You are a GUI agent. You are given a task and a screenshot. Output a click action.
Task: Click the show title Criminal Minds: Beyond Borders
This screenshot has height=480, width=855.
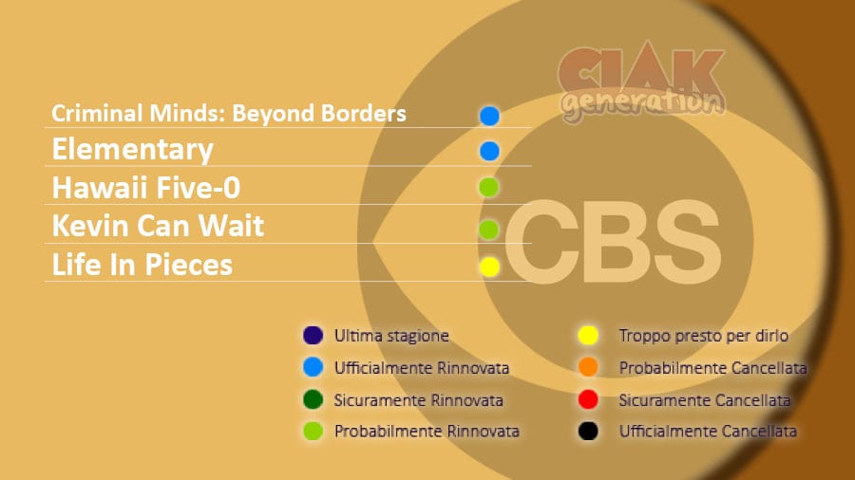pos(228,113)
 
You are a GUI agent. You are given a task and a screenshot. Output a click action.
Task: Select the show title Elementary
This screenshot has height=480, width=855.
pos(132,150)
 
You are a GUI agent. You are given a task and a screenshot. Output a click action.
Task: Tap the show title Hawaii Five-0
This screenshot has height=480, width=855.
pos(146,188)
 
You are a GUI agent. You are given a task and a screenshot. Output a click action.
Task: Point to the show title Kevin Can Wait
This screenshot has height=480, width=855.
pos(158,226)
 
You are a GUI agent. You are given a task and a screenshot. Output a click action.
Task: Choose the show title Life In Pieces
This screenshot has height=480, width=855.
pos(142,265)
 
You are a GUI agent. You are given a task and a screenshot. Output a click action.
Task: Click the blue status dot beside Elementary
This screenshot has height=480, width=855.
pos(489,151)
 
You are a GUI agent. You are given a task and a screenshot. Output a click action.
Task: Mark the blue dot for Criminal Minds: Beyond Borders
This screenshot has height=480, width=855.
pos(489,116)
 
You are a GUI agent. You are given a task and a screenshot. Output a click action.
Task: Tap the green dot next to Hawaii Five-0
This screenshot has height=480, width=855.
pos(488,187)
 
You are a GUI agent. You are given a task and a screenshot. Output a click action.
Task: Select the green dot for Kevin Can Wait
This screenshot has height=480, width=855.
pos(488,230)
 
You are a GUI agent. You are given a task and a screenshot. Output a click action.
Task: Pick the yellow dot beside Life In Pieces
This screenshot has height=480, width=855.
pos(489,267)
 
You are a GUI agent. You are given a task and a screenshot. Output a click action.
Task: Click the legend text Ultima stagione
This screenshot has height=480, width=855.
pos(391,336)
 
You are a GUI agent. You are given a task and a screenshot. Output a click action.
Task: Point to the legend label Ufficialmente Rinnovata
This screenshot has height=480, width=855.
pos(422,368)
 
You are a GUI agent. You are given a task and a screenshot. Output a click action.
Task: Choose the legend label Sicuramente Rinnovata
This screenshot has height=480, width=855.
pos(418,400)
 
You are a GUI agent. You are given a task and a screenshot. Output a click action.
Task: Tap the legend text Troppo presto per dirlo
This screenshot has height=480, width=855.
pos(703,336)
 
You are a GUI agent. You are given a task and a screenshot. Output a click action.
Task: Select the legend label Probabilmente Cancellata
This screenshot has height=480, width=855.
pos(712,368)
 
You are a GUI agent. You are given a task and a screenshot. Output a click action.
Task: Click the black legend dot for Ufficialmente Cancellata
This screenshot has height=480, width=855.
pos(588,431)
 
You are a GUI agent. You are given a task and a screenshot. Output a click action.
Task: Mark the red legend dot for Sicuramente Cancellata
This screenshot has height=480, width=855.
pos(588,399)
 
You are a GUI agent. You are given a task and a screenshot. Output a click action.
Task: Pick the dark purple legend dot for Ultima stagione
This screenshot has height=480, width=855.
pos(313,335)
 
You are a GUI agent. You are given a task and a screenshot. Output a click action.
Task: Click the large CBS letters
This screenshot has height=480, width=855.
pos(613,242)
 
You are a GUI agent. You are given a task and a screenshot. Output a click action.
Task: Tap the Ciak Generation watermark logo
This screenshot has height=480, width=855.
pos(642,82)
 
